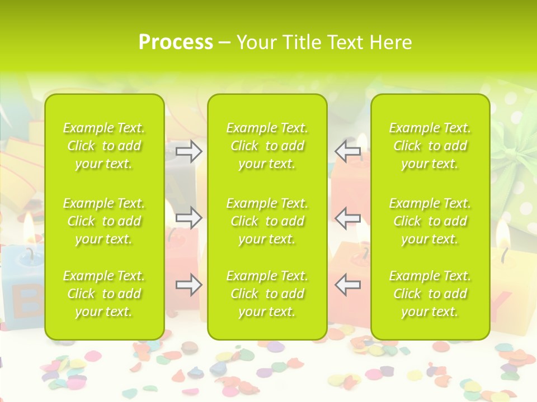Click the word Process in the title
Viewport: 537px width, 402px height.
pos(176,42)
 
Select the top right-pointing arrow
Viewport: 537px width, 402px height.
pos(189,151)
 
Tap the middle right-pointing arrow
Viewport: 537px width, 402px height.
pos(189,218)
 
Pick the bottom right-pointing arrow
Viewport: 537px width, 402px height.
pos(189,285)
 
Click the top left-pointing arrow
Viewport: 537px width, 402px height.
pos(347,151)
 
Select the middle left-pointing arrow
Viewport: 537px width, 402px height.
pos(347,218)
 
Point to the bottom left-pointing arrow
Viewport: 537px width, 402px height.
pos(347,285)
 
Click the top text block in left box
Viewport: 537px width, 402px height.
pos(104,146)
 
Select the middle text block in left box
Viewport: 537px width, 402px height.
pos(104,221)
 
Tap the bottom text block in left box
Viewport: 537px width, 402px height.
pos(104,294)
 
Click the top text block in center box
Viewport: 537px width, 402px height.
pos(267,146)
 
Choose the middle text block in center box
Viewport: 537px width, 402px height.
pos(267,221)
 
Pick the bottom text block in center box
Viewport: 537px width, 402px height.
pos(267,294)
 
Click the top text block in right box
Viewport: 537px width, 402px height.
pos(430,146)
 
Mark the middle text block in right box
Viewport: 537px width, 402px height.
pos(430,221)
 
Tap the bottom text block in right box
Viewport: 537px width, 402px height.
pos(430,294)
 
